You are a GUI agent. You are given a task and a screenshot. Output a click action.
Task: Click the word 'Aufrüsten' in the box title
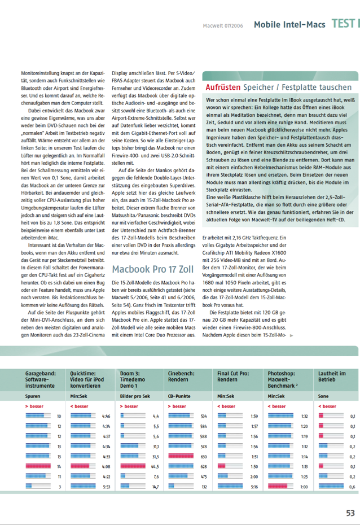(223, 88)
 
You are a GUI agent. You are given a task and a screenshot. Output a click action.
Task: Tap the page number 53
(350, 513)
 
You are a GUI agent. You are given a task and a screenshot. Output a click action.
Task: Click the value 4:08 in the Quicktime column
(106, 466)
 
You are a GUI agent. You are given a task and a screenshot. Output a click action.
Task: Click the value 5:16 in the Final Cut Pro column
(254, 486)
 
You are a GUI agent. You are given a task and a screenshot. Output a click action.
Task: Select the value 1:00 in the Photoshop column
(304, 486)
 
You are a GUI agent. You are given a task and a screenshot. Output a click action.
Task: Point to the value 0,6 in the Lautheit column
(352, 486)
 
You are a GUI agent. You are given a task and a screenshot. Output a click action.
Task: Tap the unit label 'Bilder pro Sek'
(134, 396)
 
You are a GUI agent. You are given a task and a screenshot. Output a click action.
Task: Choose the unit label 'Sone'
(324, 396)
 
